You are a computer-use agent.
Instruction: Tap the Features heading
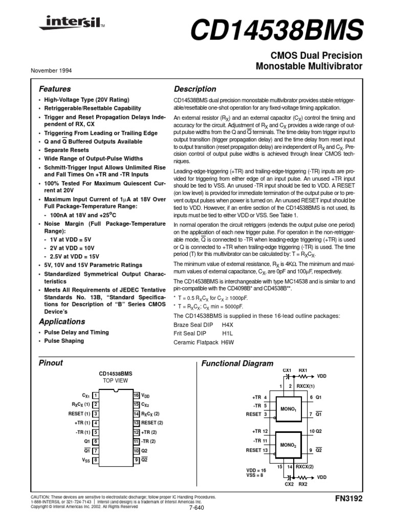55,89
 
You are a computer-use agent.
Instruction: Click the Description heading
195,89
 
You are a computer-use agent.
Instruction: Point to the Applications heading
62,322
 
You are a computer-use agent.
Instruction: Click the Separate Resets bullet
68,150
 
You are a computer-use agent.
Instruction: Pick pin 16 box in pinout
137,396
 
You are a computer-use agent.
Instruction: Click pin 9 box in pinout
137,460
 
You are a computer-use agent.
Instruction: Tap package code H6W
228,342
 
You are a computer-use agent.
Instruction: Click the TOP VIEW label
115,381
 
